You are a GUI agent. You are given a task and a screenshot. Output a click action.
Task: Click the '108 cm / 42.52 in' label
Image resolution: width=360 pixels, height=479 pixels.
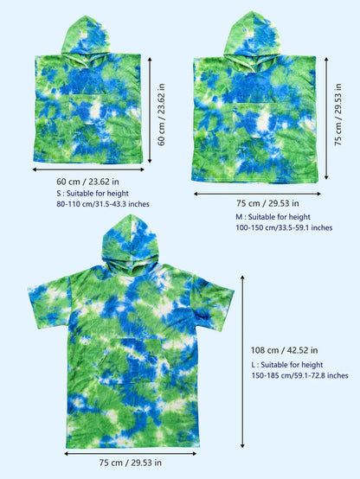pos(281,350)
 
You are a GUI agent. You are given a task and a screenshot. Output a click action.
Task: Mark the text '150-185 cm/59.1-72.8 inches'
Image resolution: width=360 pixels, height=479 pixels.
pos(299,376)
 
